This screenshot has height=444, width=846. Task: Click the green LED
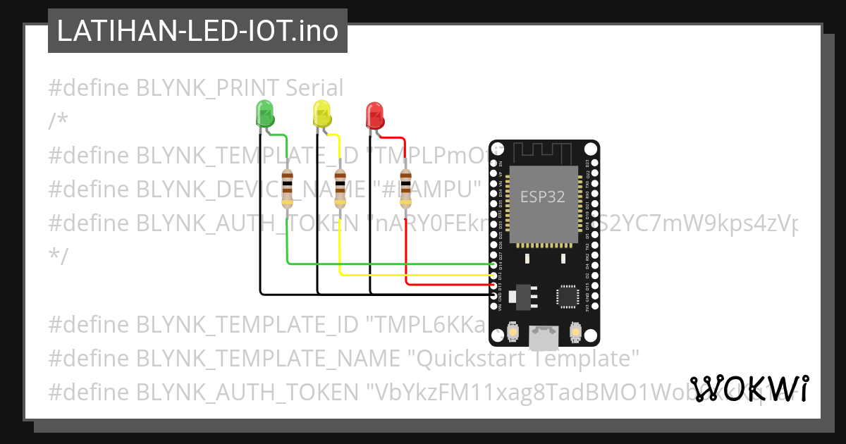[x=264, y=113]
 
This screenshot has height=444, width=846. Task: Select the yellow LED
[x=321, y=113]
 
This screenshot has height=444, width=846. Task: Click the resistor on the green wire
[x=287, y=189]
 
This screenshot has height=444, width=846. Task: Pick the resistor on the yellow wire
[x=340, y=189]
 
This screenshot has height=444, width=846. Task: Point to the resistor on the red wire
[x=405, y=189]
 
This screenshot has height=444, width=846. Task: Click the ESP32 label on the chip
[x=542, y=197]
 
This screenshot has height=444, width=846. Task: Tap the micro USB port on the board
[x=544, y=338]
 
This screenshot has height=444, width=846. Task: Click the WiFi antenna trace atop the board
[x=544, y=151]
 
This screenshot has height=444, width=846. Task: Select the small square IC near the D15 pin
[x=568, y=297]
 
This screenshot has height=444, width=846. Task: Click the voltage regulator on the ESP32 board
[x=523, y=296]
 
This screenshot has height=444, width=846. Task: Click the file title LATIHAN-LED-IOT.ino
[x=197, y=32]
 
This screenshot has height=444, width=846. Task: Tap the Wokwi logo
[x=749, y=389]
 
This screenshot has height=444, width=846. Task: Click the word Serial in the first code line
[x=314, y=88]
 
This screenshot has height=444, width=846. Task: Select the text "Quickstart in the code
[x=466, y=359]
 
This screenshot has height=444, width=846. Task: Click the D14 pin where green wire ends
[x=493, y=265]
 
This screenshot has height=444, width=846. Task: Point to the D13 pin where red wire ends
[x=493, y=285]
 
